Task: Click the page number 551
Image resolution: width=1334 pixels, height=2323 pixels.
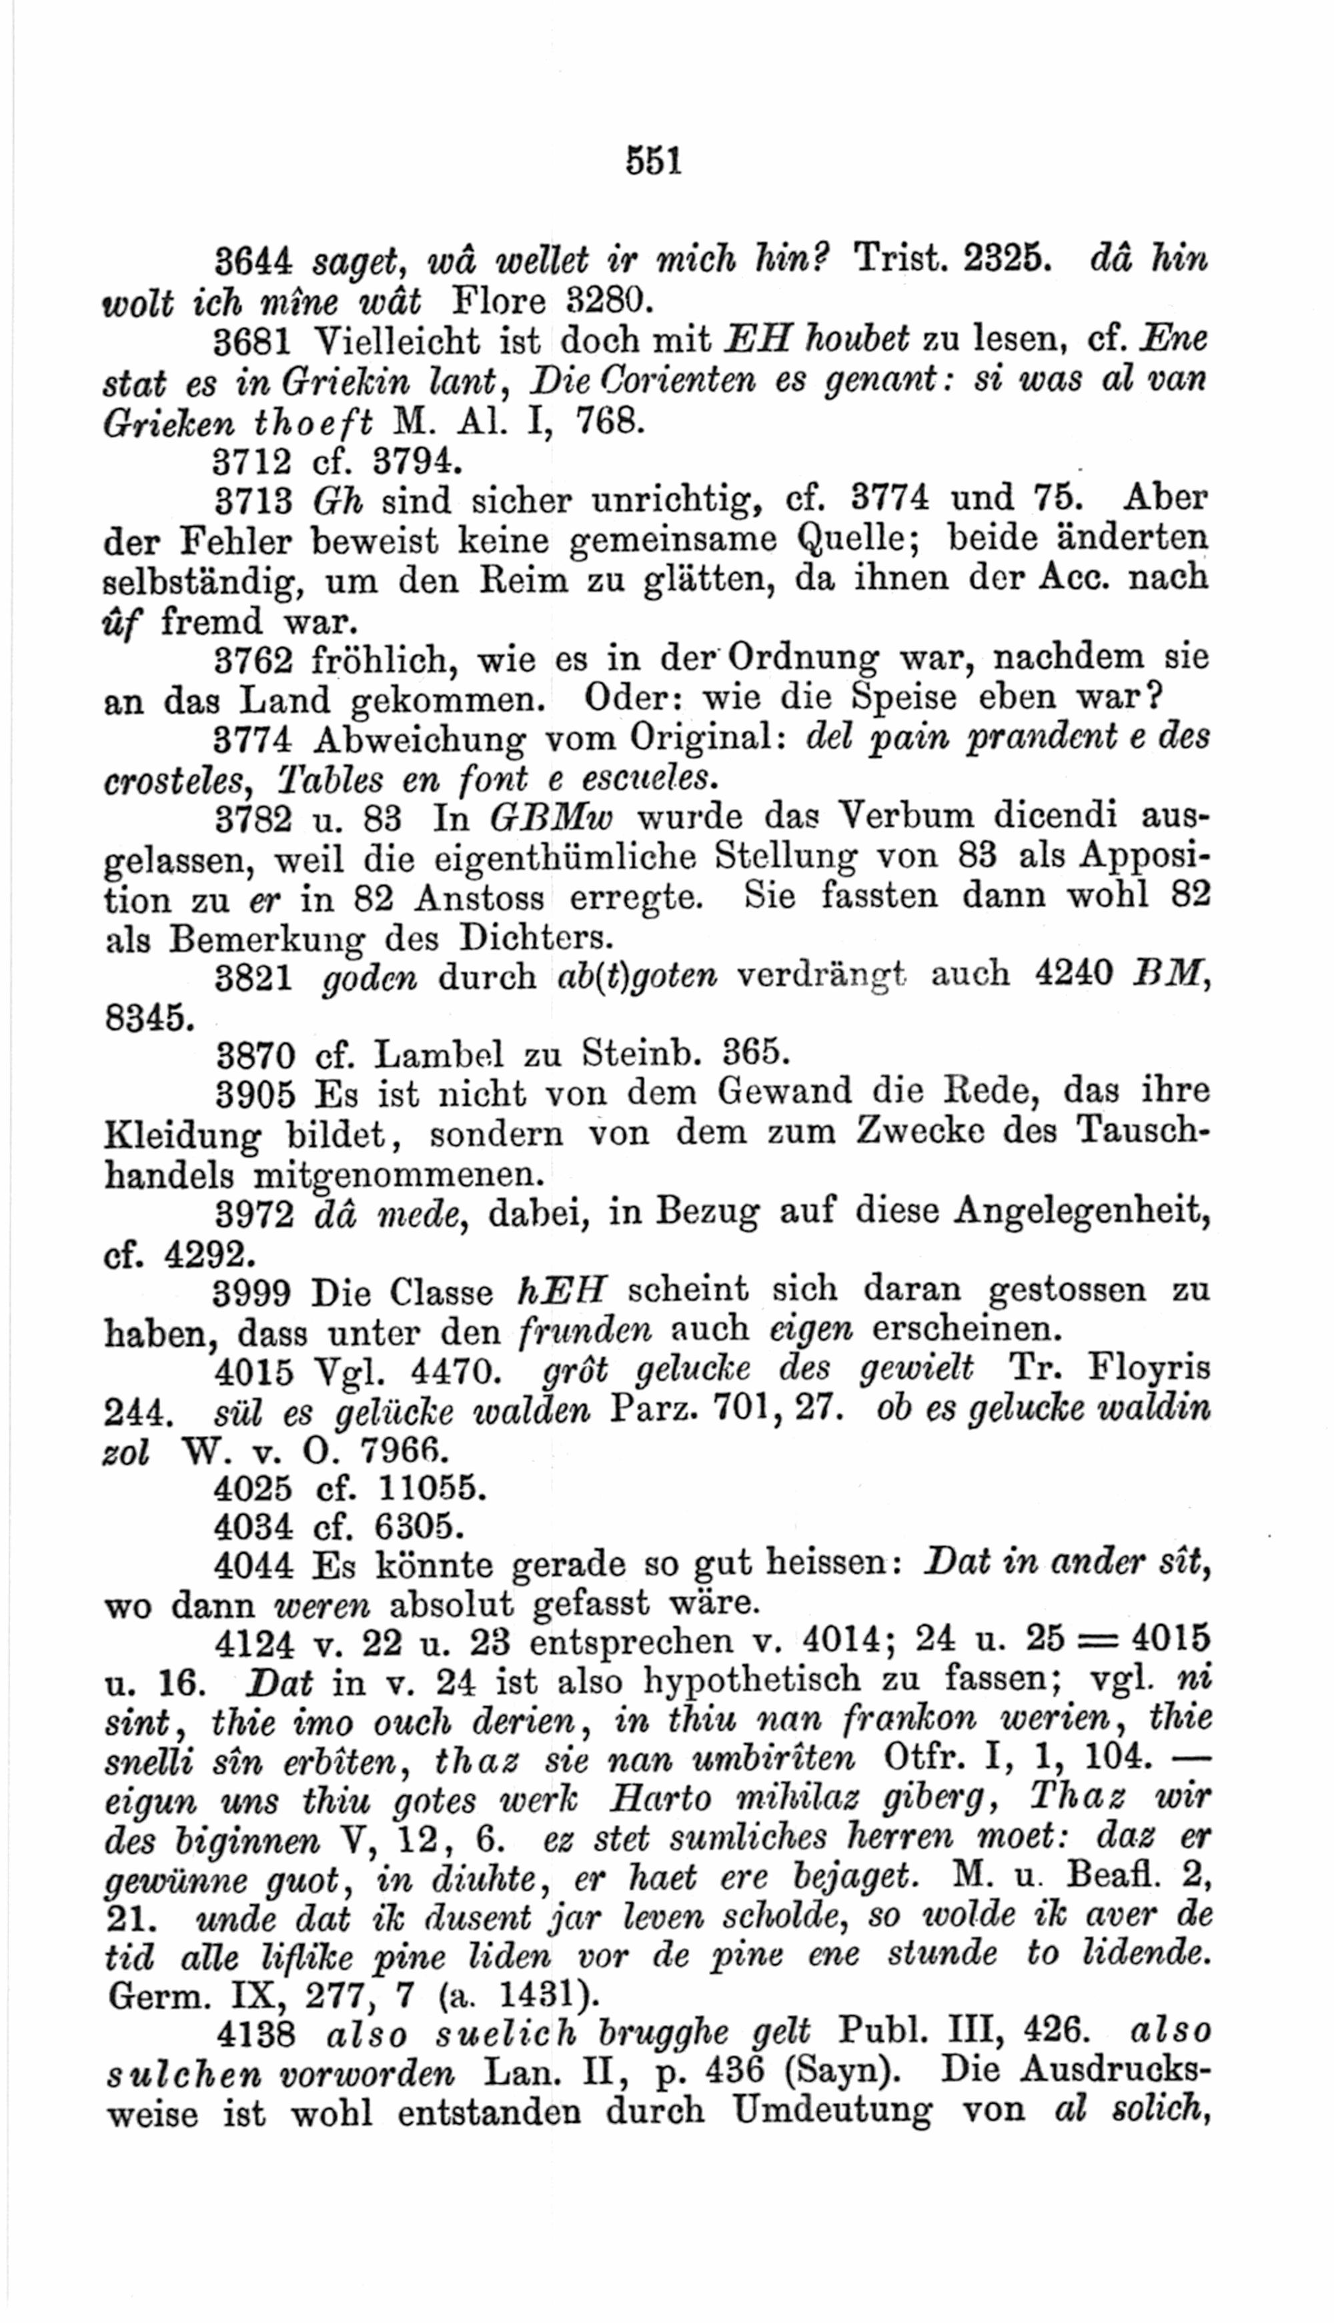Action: click(x=653, y=161)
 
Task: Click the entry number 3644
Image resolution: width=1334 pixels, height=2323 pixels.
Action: click(x=253, y=263)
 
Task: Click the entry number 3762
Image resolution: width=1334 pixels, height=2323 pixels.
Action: click(x=253, y=658)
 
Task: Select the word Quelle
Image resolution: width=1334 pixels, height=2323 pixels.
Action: click(x=859, y=540)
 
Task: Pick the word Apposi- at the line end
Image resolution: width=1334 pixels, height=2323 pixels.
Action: click(x=1145, y=858)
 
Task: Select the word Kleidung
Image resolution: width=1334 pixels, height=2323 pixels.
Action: click(x=182, y=1136)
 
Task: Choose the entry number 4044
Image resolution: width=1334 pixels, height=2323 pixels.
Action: click(x=253, y=1567)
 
